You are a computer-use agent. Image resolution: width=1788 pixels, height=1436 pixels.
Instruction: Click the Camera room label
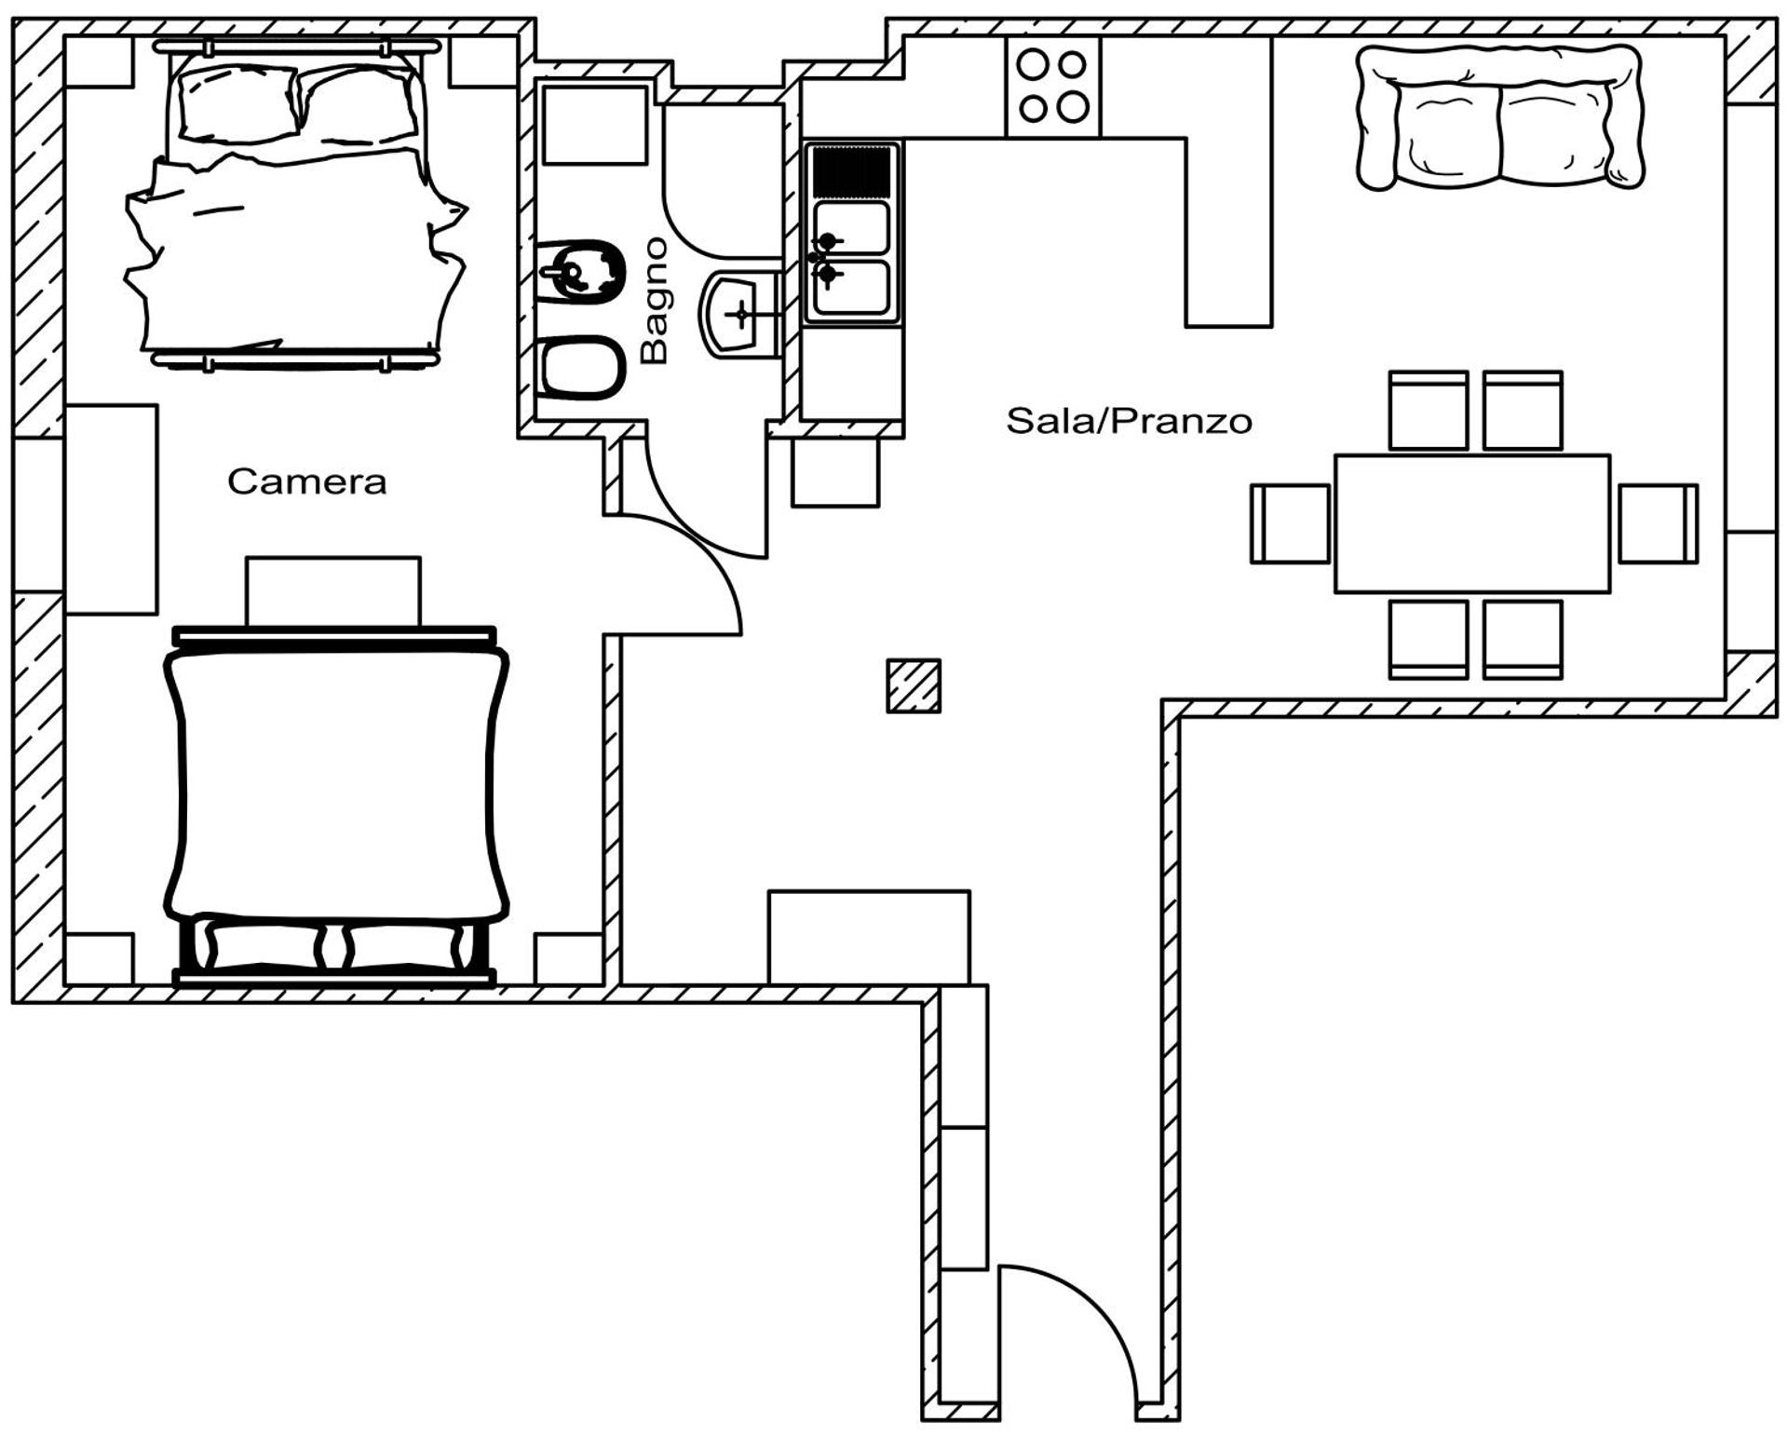pos(306,481)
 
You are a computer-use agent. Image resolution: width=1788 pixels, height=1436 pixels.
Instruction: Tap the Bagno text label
pos(656,300)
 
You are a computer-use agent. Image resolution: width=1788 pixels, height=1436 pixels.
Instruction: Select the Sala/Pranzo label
pos(1129,421)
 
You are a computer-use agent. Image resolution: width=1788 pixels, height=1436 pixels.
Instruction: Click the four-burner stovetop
pos(1052,87)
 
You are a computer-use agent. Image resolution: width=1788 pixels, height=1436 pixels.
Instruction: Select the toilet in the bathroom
pos(581,367)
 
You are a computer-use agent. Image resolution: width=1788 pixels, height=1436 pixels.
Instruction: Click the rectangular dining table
pos(1471,523)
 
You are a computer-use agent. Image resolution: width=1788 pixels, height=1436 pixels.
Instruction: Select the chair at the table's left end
pos(1290,523)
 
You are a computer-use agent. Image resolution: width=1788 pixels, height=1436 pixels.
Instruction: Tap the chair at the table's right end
pos(1658,523)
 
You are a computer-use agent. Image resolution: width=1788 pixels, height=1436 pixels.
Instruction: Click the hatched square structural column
pos(913,686)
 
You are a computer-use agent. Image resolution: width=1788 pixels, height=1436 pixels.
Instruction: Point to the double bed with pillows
pos(296,205)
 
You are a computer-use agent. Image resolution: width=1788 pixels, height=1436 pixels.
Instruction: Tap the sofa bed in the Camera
pos(335,801)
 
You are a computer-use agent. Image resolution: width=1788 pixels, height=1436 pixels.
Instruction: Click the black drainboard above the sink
pos(851,171)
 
